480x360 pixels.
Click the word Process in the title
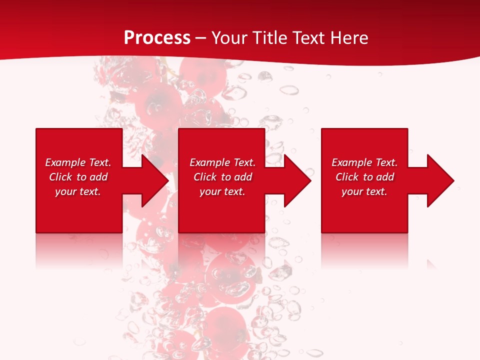(x=157, y=37)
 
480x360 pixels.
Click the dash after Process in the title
(x=200, y=38)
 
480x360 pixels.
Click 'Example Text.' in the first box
(x=78, y=162)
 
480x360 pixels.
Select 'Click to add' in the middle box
(x=222, y=177)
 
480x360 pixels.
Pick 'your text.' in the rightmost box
(x=364, y=191)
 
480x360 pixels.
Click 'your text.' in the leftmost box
(x=78, y=191)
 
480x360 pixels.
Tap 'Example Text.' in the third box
(x=364, y=162)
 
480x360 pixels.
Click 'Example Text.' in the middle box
(x=222, y=162)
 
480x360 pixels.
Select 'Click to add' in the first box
(x=78, y=177)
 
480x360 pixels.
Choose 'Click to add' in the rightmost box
(x=364, y=177)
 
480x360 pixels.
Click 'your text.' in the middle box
(x=222, y=191)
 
